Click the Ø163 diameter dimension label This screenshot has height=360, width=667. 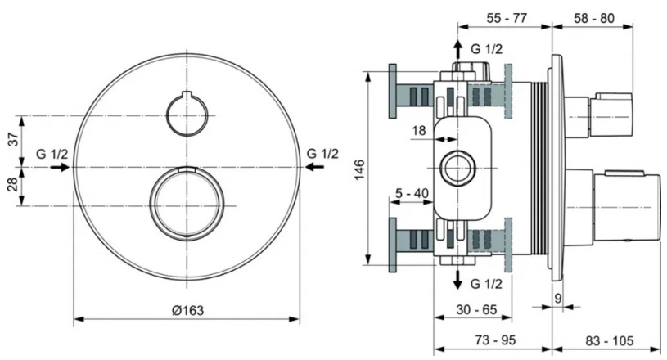187,310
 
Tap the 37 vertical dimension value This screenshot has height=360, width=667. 14,139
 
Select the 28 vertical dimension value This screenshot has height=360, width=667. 14,184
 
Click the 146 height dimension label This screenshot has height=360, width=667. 359,169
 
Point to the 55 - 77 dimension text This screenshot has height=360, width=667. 507,18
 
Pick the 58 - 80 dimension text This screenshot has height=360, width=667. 594,18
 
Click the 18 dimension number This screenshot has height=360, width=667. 418,130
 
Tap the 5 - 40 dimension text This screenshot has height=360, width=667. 412,193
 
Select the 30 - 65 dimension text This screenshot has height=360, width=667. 476,309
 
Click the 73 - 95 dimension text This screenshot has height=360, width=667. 495,340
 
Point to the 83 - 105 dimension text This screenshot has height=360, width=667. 610,340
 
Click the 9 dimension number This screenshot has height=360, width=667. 557,299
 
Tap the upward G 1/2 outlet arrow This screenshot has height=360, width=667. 457,49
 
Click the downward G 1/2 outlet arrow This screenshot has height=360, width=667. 457,279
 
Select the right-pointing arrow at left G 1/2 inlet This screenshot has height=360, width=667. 60,167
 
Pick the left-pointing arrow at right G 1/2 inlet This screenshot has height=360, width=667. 314,167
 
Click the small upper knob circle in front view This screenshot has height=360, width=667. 187,96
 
